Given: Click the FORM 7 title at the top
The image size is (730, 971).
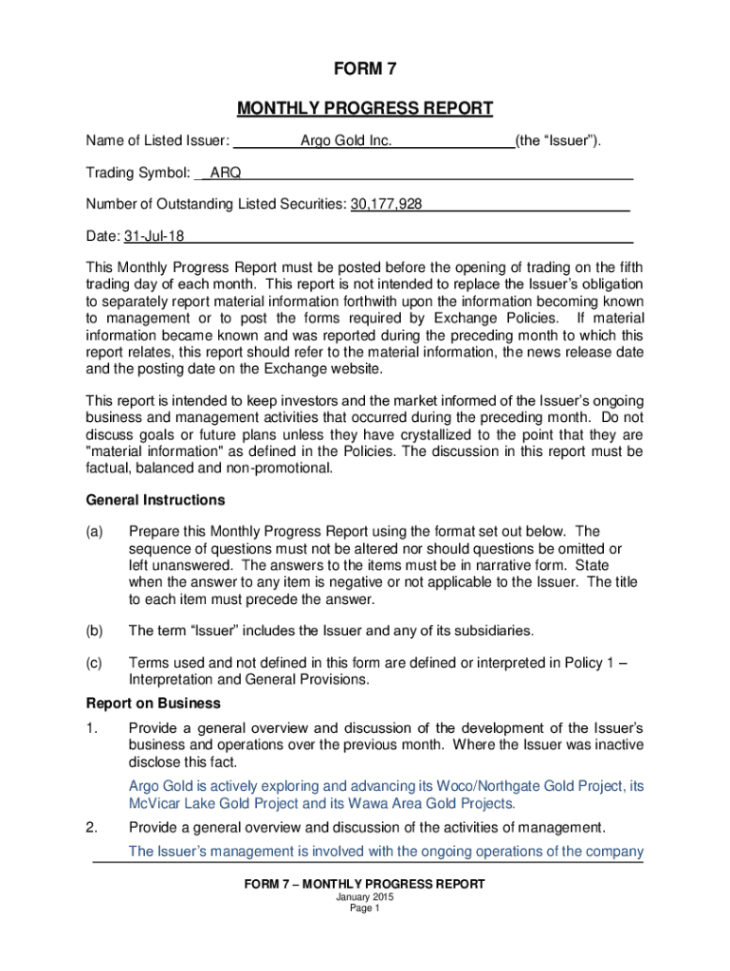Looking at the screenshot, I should [364, 69].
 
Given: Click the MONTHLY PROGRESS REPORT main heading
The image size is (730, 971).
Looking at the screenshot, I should [364, 108].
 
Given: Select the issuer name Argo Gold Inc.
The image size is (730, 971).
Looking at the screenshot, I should [346, 141].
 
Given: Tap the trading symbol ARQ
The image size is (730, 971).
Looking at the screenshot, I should [225, 173].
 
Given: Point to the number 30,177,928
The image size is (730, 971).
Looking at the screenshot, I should [386, 204].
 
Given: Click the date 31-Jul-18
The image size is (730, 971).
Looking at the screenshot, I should [152, 235].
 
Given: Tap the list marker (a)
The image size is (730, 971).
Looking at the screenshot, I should [94, 531].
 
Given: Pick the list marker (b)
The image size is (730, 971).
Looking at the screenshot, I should [94, 630].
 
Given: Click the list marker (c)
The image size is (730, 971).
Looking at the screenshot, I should [94, 663].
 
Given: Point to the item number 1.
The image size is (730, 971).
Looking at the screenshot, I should [91, 727].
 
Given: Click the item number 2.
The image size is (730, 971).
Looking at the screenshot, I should [91, 826].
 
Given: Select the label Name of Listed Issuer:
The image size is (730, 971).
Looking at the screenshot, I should [157, 141].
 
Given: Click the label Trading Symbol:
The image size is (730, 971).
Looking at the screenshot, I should [138, 173].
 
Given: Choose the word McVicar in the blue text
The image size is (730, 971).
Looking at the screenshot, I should [155, 803].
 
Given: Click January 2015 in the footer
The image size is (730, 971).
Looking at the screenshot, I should [364, 896].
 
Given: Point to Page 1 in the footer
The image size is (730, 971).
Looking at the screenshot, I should [364, 907].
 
